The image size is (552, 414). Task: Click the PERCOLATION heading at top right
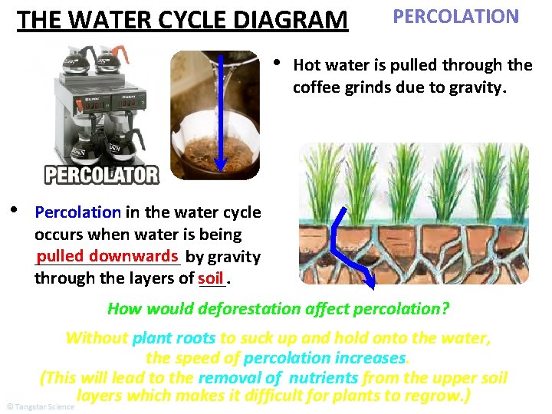click(455, 16)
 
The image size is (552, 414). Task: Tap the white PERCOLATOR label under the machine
click(102, 175)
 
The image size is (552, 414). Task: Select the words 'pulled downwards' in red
click(107, 255)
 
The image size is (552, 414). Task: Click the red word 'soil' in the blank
click(209, 278)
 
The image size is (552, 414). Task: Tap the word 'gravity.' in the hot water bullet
click(475, 87)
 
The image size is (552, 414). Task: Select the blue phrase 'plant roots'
click(174, 338)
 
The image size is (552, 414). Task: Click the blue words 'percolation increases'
click(324, 358)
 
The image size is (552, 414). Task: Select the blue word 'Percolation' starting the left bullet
click(77, 212)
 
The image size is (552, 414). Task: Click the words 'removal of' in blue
click(239, 377)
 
